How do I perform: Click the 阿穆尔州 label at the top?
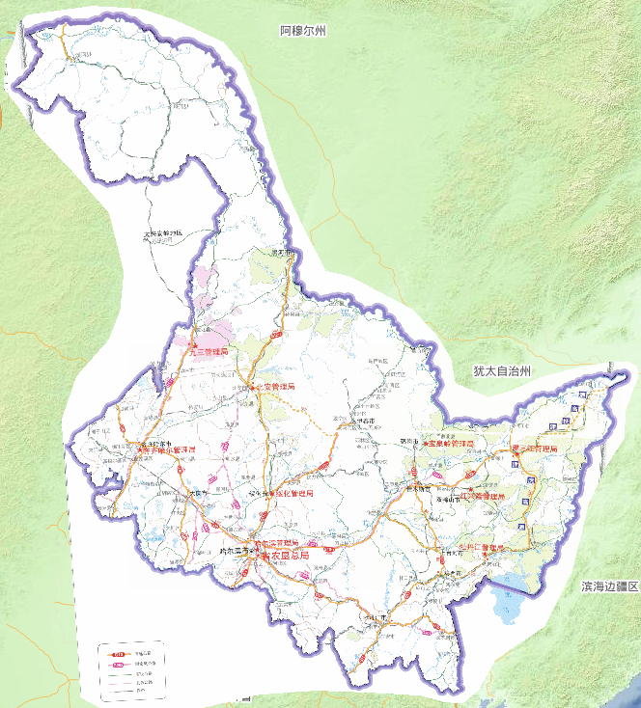303,32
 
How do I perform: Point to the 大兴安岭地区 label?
163,233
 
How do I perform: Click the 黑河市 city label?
282,253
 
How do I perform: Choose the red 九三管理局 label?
211,352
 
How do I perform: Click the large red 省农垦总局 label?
286,556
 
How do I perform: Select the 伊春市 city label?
364,421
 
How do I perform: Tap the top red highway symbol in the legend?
119,654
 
